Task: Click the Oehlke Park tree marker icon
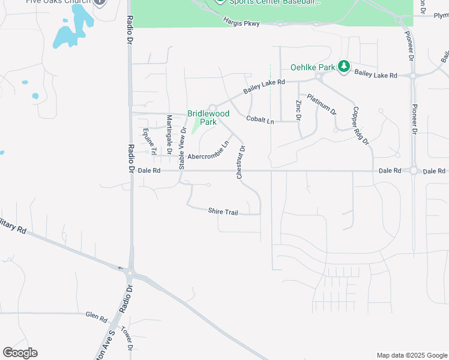tap(344, 67)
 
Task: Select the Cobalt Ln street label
tap(260, 120)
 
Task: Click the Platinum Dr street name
tap(322, 104)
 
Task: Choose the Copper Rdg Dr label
tap(360, 125)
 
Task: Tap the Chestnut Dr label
tap(241, 162)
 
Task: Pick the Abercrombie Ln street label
tap(208, 152)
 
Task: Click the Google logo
tap(20, 353)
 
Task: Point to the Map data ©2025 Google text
tap(411, 355)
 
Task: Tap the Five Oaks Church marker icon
tap(100, 2)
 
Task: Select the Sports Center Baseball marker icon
tap(220, 2)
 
